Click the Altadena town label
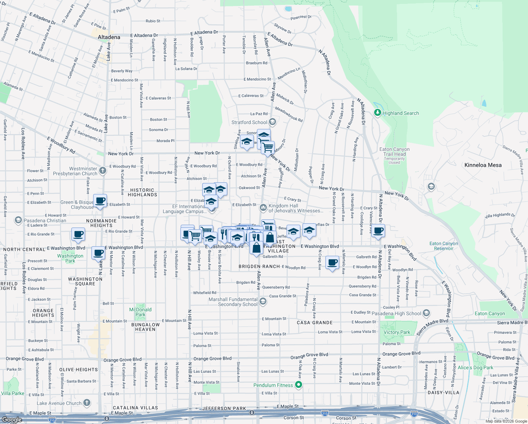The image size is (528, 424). coord(109,37)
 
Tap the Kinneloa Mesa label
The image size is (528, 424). coord(483,165)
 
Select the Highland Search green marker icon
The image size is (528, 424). coord(378,113)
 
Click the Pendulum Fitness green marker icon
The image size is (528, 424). coord(299,385)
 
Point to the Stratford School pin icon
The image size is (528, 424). coord(272,122)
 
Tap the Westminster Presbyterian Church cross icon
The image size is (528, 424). coord(103,171)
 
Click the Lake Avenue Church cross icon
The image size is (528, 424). coord(86,403)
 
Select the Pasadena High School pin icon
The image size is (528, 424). coord(426,313)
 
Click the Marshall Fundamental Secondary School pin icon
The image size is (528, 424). coord(263,301)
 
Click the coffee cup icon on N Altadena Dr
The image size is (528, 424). coord(378,231)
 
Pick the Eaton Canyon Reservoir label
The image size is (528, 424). coord(444,246)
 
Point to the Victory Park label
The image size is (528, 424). coord(397,332)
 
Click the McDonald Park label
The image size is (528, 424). coord(140,312)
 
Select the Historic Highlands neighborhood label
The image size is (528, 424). coord(142,192)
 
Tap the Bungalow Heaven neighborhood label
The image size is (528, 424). coord(145,327)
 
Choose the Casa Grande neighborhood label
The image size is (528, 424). coord(314,323)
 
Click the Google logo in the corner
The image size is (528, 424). coord(12,420)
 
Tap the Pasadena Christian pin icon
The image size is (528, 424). coord(18,220)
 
